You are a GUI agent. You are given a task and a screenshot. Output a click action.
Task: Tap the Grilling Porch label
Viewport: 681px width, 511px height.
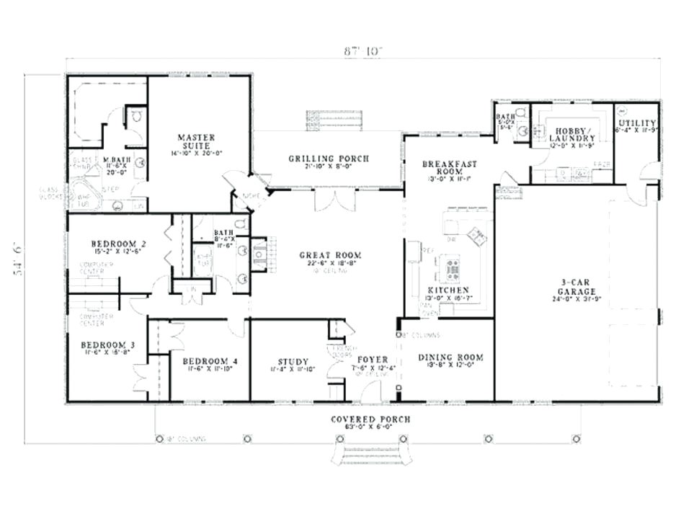[329, 159]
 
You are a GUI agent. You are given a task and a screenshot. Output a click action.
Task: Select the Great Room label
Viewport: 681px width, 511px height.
[330, 255]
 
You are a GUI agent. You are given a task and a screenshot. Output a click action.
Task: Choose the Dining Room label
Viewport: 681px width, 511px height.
[450, 357]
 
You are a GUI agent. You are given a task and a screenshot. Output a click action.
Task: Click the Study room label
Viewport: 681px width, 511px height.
[293, 362]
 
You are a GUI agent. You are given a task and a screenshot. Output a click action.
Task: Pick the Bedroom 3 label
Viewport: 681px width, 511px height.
[104, 345]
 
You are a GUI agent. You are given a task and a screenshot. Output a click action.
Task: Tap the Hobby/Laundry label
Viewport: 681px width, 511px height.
[572, 133]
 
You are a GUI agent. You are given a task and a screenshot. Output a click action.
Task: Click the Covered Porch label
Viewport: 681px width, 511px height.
[370, 419]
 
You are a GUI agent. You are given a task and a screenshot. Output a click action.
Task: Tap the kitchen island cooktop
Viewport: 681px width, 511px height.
[453, 269]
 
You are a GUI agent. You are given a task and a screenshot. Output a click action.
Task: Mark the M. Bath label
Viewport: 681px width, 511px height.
[115, 159]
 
